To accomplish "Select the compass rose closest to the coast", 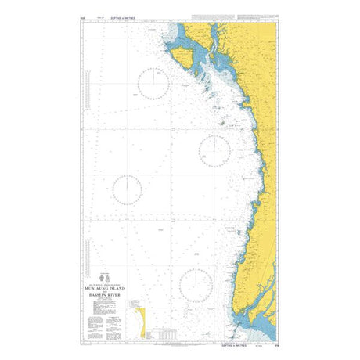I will (x=214, y=149).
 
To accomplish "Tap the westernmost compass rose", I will (x=127, y=189).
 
